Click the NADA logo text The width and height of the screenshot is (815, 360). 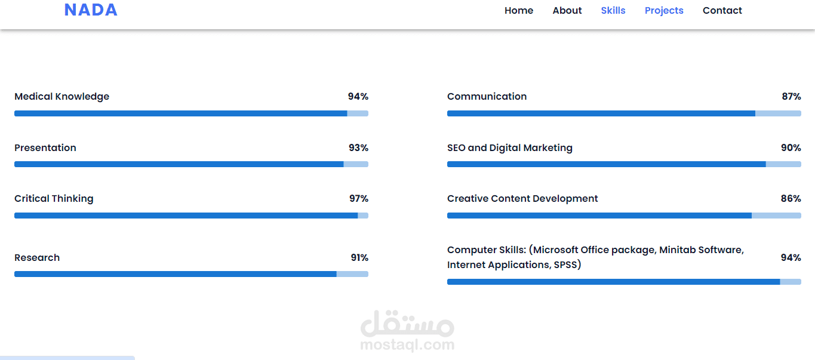point(91,10)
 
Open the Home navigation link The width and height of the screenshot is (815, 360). point(519,11)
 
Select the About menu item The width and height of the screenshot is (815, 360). point(567,11)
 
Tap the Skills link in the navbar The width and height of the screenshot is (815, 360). point(613,11)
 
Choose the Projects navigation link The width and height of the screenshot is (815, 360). point(664,11)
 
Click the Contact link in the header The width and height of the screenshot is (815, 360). point(722,11)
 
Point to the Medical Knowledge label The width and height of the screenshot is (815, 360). point(62,97)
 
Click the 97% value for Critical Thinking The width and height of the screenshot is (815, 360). point(359,199)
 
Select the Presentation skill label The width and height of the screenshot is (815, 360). point(45,147)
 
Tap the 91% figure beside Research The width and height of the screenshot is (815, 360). point(359,257)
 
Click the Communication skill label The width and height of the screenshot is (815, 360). point(487,96)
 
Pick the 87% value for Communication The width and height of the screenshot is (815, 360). point(791,96)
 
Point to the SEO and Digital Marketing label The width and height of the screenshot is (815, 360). point(510,148)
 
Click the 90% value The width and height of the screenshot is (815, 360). point(791,147)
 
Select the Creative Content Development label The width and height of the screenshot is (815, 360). point(522,199)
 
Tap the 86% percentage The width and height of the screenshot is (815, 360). point(791,199)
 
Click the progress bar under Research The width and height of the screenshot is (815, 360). point(192,274)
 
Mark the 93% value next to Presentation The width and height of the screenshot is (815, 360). point(358,147)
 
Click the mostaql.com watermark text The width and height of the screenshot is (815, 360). point(407,344)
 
